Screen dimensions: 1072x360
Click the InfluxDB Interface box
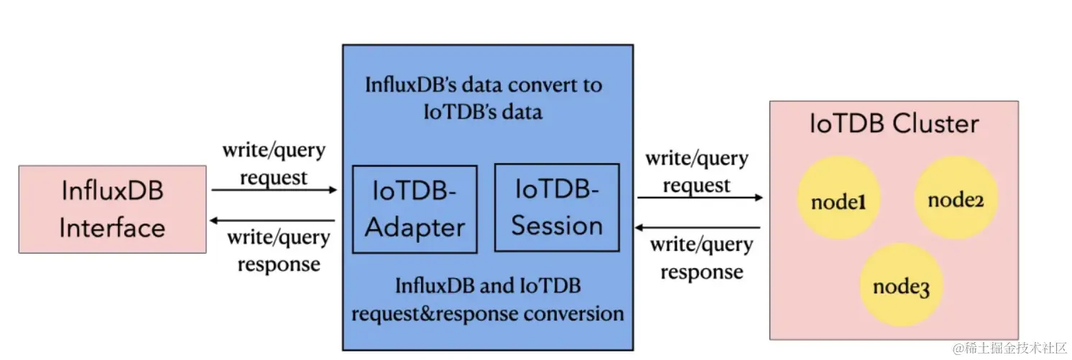pyautogui.click(x=113, y=209)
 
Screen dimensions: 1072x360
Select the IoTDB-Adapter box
pyautogui.click(x=415, y=209)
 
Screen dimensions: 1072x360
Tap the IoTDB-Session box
pyautogui.click(x=557, y=207)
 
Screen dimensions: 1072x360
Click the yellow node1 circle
pyautogui.click(x=838, y=198)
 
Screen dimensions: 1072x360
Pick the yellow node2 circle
pyautogui.click(x=956, y=198)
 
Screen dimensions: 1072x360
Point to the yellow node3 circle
pyautogui.click(x=901, y=285)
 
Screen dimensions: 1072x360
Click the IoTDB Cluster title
pyautogui.click(x=894, y=124)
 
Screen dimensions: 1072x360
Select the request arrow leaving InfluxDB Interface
pyautogui.click(x=274, y=190)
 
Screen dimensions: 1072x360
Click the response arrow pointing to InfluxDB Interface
pyautogui.click(x=272, y=221)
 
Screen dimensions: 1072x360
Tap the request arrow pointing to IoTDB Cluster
pyautogui.click(x=700, y=197)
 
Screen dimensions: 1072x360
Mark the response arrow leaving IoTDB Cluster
pyautogui.click(x=697, y=227)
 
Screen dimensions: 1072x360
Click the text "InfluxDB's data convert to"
pyautogui.click(x=484, y=86)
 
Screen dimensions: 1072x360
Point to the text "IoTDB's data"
pyautogui.click(x=483, y=112)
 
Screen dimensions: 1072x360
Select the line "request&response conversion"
pyautogui.click(x=488, y=314)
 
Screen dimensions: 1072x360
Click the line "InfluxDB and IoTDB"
pyautogui.click(x=488, y=286)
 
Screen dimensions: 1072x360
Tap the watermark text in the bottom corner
pyautogui.click(x=1009, y=349)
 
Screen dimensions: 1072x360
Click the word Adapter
pyautogui.click(x=415, y=227)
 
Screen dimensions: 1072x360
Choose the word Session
pyautogui.click(x=557, y=226)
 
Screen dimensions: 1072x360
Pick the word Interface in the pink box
pyautogui.click(x=113, y=228)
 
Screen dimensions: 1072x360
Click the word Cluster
pyautogui.click(x=935, y=124)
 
